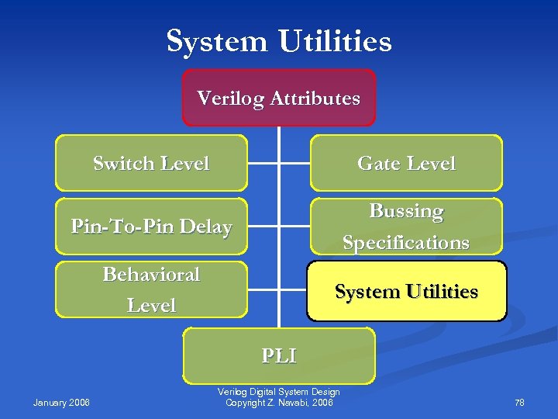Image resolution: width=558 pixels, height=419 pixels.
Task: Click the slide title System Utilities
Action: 279,40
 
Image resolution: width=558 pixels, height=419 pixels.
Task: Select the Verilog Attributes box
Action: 279,99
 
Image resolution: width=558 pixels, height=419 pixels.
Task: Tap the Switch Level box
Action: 151,164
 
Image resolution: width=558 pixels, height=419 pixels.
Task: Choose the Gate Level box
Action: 406,164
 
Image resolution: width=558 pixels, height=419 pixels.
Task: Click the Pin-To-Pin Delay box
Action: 151,227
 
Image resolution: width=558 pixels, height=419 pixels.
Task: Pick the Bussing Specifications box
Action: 406,227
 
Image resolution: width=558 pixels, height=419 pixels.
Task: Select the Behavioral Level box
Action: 151,289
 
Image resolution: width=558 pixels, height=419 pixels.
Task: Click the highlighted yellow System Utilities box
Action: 406,292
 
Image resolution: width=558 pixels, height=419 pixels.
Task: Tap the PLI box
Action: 279,355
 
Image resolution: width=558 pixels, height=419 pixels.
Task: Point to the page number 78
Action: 519,402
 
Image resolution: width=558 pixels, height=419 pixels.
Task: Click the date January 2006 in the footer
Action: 61,402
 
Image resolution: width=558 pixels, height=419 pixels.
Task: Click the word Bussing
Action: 406,211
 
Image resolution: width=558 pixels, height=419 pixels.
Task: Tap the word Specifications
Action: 406,243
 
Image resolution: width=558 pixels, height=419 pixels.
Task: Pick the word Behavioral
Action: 151,275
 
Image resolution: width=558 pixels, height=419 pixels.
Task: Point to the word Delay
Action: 205,227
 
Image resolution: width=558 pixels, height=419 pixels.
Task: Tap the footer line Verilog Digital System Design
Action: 279,393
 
